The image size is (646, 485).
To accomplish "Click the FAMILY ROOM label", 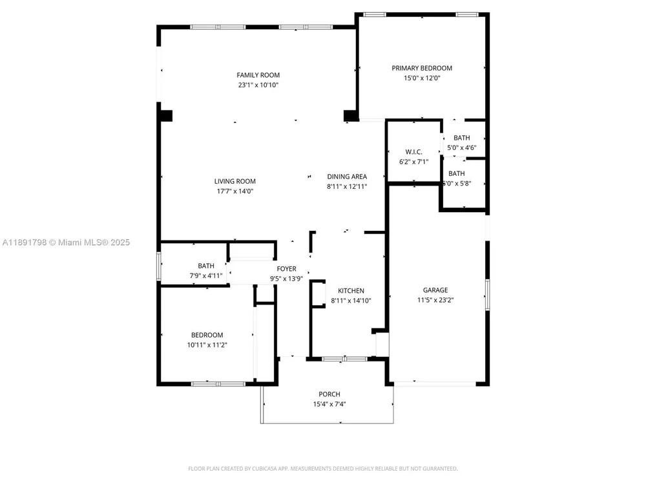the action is click(258, 75).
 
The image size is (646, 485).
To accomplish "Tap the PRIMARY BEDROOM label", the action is click(422, 68).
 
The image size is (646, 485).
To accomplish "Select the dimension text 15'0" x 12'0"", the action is click(422, 78).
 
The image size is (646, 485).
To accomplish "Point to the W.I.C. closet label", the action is click(413, 152).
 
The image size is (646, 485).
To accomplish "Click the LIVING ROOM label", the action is click(235, 181).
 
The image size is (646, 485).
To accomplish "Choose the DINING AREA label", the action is click(347, 177).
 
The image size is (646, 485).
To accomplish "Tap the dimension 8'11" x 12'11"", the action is click(347, 186).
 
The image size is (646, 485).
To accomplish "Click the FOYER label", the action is click(286, 269).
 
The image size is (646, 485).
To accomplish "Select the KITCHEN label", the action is click(351, 291).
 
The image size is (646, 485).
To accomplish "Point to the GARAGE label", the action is click(435, 290).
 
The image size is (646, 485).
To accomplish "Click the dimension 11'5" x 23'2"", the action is click(435, 300).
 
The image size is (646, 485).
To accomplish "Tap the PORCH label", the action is click(329, 394).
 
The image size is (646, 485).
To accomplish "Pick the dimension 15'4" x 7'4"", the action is click(329, 404).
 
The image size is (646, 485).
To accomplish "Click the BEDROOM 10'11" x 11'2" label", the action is click(207, 335).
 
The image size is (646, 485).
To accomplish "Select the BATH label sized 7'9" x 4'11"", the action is click(206, 266).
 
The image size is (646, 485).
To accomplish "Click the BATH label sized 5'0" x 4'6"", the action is click(462, 138).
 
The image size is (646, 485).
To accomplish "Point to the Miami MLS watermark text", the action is click(66, 242).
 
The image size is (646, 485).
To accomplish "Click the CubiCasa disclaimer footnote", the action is click(323, 468).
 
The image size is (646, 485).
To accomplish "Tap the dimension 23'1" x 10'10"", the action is click(258, 85).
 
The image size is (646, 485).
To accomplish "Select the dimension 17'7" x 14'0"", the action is click(235, 191).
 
